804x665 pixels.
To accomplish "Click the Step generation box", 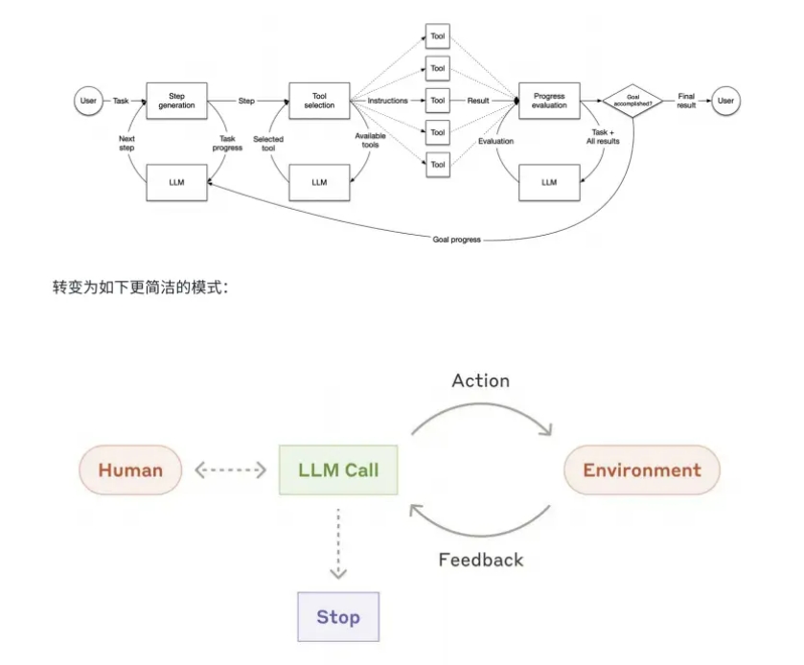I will pos(176,101).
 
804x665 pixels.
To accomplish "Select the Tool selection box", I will pos(319,101).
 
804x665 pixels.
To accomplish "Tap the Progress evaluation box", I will pos(549,101).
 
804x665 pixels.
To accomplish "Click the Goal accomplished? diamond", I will pos(632,100).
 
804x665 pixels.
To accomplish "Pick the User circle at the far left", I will pos(88,101).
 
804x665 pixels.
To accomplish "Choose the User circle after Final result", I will pos(725,101).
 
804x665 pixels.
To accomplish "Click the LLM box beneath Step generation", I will pos(176,182).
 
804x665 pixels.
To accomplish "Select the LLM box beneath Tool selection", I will pos(319,182).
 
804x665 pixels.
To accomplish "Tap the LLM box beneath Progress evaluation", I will pos(549,182).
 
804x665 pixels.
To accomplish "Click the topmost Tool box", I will pos(437,36).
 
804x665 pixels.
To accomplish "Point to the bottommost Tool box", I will pos(437,165).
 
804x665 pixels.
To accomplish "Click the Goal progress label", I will pos(455,240).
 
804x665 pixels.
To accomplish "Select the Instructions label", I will pos(388,101).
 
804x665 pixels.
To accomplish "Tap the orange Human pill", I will pos(130,470).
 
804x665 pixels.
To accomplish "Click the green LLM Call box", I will pos(339,470).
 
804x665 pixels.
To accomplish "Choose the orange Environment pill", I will pos(641,470).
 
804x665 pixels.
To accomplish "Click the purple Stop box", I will pos(338,616).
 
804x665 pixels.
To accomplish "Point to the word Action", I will pos(481,380).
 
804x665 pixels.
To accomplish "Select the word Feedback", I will pos(481,560).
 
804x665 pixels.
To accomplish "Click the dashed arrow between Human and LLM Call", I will pos(230,470).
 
